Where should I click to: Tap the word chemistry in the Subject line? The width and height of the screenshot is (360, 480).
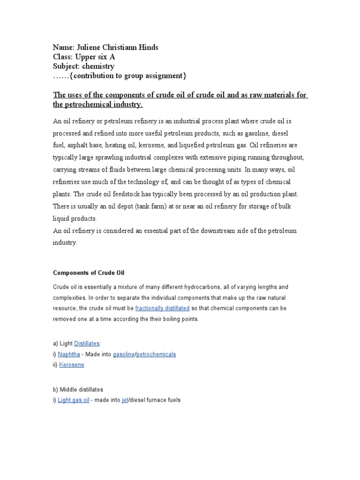[98, 66]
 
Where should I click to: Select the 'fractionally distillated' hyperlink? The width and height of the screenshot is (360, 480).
[162, 308]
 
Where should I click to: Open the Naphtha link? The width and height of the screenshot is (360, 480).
[69, 354]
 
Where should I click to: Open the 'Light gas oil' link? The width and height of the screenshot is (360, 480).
[74, 400]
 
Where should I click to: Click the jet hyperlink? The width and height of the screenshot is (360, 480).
[125, 400]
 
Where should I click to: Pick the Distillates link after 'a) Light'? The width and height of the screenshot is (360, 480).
[90, 344]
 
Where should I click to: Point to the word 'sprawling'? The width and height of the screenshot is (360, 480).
[112, 157]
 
